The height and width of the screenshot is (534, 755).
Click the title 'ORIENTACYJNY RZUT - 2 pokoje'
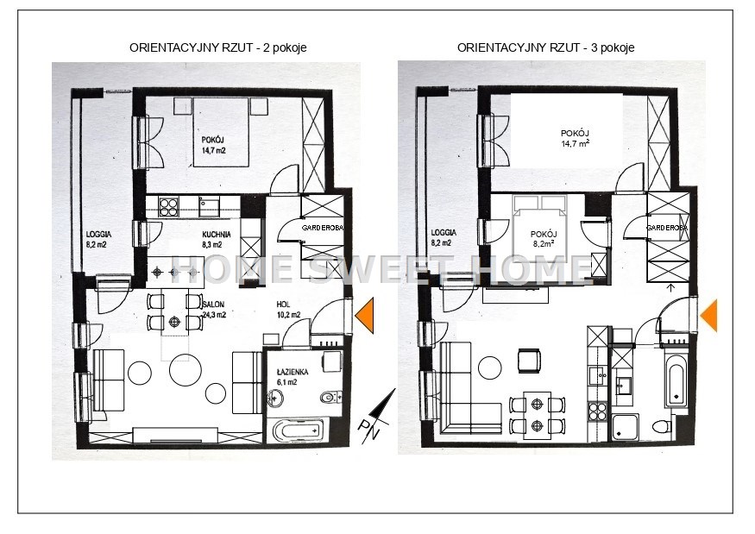point(218,47)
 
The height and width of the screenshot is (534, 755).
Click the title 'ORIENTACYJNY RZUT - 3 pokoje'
point(545,47)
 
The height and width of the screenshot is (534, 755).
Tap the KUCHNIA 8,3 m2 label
point(217,239)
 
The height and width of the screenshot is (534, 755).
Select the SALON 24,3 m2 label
point(214,310)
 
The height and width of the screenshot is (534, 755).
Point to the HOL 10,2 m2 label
point(288,310)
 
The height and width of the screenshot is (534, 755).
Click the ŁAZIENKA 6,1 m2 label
point(293,377)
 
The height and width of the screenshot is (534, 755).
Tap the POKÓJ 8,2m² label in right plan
point(544,239)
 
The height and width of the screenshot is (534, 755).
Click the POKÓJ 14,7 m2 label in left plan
point(213,145)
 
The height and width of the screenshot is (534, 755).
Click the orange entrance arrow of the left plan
point(364,316)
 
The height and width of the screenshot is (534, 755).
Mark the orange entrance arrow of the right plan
point(708,316)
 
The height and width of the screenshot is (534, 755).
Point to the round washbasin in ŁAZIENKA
point(276,399)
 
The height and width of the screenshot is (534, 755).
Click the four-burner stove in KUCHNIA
point(168,208)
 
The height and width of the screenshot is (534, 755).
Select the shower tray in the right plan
point(626,428)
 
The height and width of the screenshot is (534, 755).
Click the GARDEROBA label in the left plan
point(322,228)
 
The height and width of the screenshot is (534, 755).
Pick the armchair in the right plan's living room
point(529,361)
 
